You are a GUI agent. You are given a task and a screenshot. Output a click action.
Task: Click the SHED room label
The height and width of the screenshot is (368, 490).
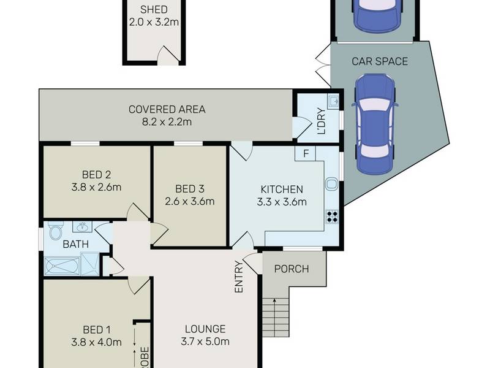[x=154, y=9]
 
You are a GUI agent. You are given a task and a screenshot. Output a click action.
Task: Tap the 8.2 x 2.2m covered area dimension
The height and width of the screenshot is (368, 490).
[x=167, y=121]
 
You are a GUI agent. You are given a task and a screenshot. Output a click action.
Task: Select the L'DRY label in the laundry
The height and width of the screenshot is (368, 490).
[x=321, y=121]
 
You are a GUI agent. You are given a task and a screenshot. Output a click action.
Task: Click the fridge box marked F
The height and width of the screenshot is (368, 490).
[x=306, y=153]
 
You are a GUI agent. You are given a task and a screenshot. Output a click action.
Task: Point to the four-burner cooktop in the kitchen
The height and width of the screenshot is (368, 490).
[x=332, y=217]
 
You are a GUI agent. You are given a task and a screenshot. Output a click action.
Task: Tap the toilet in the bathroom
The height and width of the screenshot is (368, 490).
[x=56, y=231]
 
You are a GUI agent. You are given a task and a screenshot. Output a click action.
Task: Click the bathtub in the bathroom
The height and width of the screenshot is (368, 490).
[x=62, y=266]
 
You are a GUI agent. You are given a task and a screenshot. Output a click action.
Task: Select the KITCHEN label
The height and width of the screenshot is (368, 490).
[x=282, y=190]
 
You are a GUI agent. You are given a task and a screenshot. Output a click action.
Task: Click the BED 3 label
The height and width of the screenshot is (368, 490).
[x=190, y=189]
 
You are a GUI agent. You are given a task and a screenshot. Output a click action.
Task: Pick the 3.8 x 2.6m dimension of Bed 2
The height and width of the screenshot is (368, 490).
[x=96, y=187]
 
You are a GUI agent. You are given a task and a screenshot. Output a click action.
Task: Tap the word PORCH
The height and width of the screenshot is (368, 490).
[x=292, y=269]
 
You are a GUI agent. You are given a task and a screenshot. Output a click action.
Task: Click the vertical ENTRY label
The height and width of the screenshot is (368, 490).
[x=239, y=277]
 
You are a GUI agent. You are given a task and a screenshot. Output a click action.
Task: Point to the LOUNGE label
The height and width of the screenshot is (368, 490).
[x=205, y=329]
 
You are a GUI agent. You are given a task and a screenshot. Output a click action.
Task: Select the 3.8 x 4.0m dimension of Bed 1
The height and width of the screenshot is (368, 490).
[x=96, y=342]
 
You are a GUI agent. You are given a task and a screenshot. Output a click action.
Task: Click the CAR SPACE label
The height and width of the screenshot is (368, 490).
[x=380, y=61]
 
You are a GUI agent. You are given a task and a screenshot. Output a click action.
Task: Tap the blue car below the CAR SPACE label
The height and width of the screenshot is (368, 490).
[x=375, y=124]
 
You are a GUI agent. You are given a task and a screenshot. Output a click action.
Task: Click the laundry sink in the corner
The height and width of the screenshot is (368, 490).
[x=333, y=101]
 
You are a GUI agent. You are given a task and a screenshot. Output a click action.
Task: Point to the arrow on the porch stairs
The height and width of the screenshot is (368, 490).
[x=274, y=318]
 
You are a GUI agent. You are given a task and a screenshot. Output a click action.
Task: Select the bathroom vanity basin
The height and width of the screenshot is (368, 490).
[x=83, y=226]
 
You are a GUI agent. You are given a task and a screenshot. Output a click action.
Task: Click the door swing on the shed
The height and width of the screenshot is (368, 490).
[x=168, y=55]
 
